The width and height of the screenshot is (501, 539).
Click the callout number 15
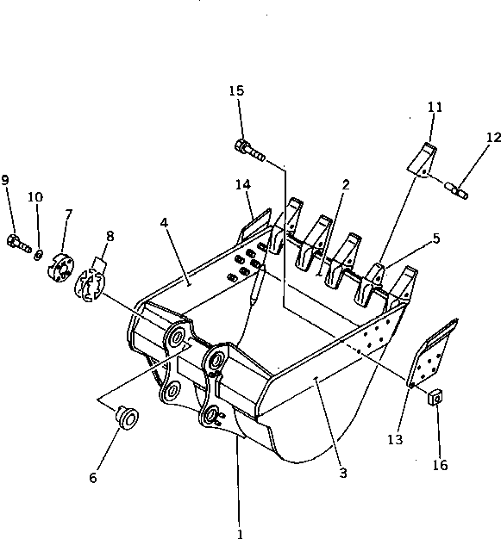[x=236, y=91]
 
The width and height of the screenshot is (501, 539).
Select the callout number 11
[x=435, y=107]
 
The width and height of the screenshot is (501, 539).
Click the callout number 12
[x=492, y=137]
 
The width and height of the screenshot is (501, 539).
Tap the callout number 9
[x=6, y=180]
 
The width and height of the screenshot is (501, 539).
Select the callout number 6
[x=93, y=477]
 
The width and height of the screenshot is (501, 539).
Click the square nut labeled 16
[x=437, y=398]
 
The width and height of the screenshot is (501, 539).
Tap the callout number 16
[x=441, y=466]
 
